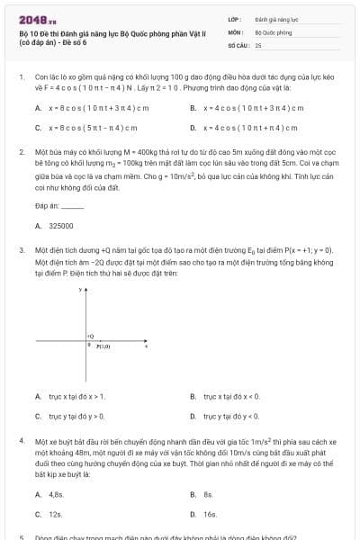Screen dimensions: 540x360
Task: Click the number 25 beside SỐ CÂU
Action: [x=258, y=44]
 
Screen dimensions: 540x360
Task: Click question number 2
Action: [x=22, y=153]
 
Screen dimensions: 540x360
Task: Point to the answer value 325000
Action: [x=61, y=226]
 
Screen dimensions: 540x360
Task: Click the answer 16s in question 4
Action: [x=210, y=515]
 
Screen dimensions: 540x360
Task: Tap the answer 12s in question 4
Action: [x=55, y=515]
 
